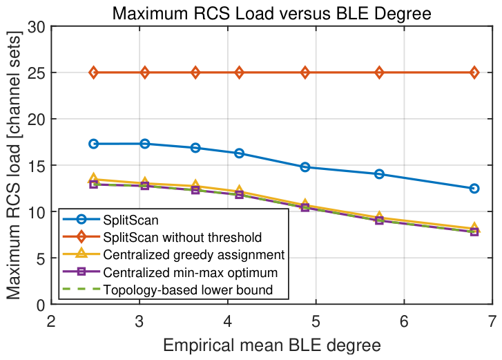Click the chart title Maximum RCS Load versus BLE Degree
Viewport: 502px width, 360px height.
[x=271, y=13]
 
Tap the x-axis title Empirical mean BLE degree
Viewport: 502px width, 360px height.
[x=272, y=345]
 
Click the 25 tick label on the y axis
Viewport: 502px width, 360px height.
[x=36, y=73]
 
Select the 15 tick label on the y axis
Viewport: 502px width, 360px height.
[x=36, y=165]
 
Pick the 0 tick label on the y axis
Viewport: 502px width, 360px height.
[x=41, y=305]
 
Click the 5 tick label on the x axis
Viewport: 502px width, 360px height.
[x=316, y=321]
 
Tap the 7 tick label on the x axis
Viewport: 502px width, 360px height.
[x=492, y=321]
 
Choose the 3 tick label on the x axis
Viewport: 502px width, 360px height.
[x=139, y=321]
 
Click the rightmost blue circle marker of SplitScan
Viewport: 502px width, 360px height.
[x=474, y=189]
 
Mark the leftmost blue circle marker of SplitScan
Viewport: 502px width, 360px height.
[x=93, y=144]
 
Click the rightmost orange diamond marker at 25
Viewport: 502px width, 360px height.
[x=474, y=73]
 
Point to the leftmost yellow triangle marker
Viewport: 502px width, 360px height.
[x=93, y=178]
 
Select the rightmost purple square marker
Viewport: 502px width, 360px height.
[x=474, y=231]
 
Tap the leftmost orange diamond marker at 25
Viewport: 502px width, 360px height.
[x=93, y=73]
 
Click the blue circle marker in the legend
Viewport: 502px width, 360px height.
[x=81, y=220]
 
